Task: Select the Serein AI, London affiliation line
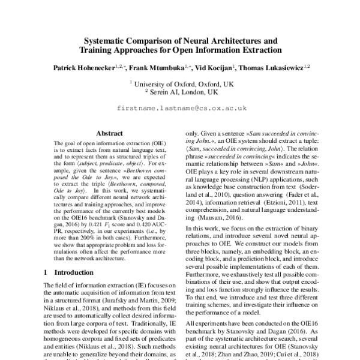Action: tap(180, 94)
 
